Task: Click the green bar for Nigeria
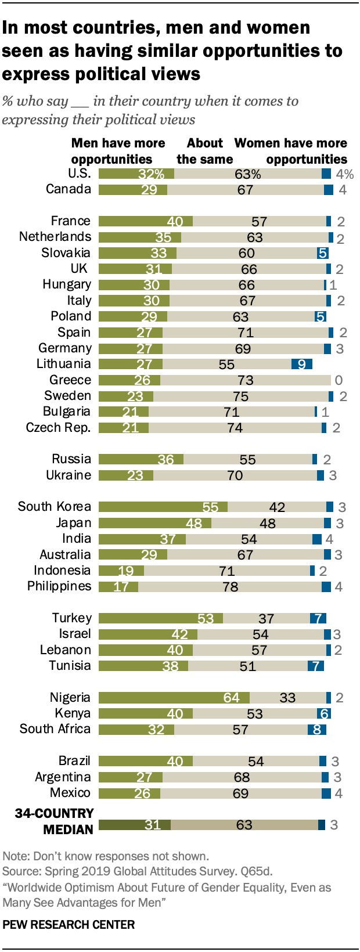(174, 697)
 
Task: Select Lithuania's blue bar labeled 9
(302, 364)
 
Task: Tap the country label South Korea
(55, 507)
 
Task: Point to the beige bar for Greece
(246, 380)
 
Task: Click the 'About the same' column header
(205, 152)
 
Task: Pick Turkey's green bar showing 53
(161, 618)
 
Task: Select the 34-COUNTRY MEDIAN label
(54, 821)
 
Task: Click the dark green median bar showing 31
(135, 825)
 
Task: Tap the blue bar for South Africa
(317, 729)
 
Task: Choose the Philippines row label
(59, 586)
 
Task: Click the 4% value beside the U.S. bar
(345, 174)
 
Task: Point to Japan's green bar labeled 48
(155, 523)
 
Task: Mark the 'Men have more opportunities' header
(118, 152)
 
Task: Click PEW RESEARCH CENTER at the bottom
(69, 925)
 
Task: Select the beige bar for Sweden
(241, 396)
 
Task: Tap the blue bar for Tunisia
(316, 666)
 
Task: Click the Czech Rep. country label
(58, 427)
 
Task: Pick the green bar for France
(146, 221)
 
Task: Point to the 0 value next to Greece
(339, 380)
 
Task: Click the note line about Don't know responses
(106, 856)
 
